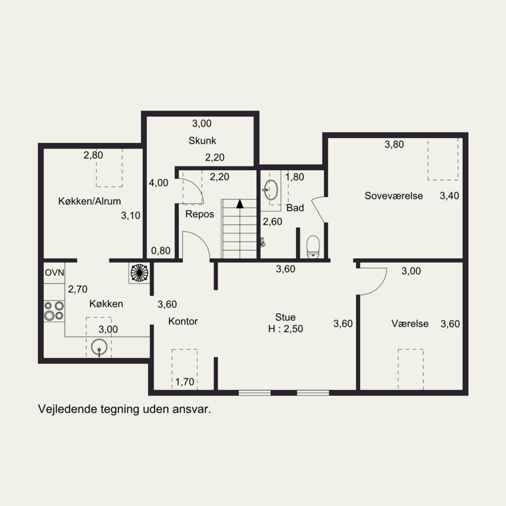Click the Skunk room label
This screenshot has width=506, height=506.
coord(202,140)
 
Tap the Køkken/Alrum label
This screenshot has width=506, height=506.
coord(90,201)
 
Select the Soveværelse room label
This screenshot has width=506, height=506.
coord(393,195)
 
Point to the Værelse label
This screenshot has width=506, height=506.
coord(410,323)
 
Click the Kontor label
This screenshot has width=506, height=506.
coord(183,321)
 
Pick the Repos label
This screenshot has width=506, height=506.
coord(200,214)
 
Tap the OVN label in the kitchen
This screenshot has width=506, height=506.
coord(54,273)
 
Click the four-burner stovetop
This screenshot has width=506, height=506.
coord(54,311)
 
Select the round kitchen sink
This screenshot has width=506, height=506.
coord(99,347)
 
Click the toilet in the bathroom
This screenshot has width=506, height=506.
coord(312,247)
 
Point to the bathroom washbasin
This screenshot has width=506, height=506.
coord(271,190)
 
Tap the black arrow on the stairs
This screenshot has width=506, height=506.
coord(240,204)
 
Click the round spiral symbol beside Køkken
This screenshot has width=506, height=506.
coord(139,273)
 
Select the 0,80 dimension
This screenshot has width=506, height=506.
coord(161,250)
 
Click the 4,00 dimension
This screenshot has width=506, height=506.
coord(159,183)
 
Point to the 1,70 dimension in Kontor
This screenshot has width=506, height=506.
coord(185,382)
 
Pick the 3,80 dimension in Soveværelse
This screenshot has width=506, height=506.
coord(394,144)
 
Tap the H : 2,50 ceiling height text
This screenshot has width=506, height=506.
coord(286,329)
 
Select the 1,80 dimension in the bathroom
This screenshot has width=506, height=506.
coord(295,177)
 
